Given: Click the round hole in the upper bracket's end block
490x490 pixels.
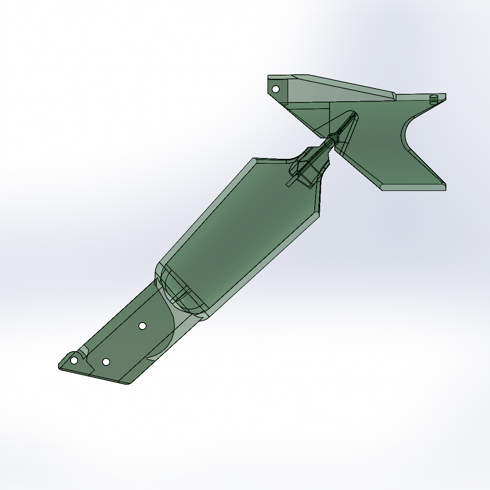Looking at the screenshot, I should click(x=276, y=89).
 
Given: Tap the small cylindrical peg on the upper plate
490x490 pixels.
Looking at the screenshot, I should click(x=434, y=99).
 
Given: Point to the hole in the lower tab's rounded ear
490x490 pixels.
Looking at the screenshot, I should click(x=74, y=361).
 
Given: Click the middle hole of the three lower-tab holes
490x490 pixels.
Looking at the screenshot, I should click(x=106, y=362).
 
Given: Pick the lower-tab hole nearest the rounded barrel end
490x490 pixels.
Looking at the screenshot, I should click(x=143, y=325).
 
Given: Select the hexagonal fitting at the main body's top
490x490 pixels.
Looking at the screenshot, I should click(x=306, y=171).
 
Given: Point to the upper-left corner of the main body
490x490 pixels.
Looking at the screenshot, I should click(x=255, y=159).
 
